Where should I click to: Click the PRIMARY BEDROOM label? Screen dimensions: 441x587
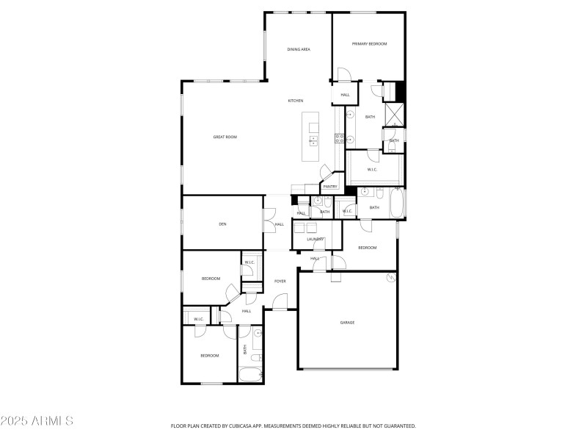click(369, 44)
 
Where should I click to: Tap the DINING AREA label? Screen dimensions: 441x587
click(299, 49)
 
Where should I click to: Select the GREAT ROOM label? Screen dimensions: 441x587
click(225, 137)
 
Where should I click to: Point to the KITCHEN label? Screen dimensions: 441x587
click(296, 101)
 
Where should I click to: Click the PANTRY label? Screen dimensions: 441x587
click(330, 187)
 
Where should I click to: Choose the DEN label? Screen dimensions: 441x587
click(222, 223)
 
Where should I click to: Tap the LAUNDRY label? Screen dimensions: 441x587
click(316, 239)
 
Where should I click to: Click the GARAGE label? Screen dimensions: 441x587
click(347, 322)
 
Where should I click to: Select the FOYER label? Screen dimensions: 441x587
click(280, 281)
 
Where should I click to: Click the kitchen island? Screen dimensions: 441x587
click(314, 137)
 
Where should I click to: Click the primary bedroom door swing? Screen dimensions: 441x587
click(344, 74)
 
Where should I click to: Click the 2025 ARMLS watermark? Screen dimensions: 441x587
click(37, 421)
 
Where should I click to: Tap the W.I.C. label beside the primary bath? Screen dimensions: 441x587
click(372, 170)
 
